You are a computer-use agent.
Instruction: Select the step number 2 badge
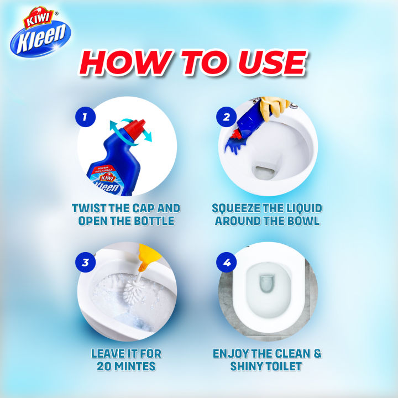(226, 118)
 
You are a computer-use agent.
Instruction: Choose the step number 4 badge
(226, 262)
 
